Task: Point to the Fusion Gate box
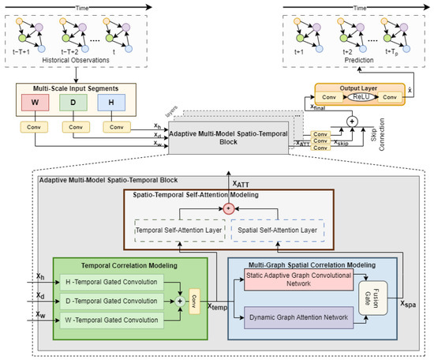tap(365, 300)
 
